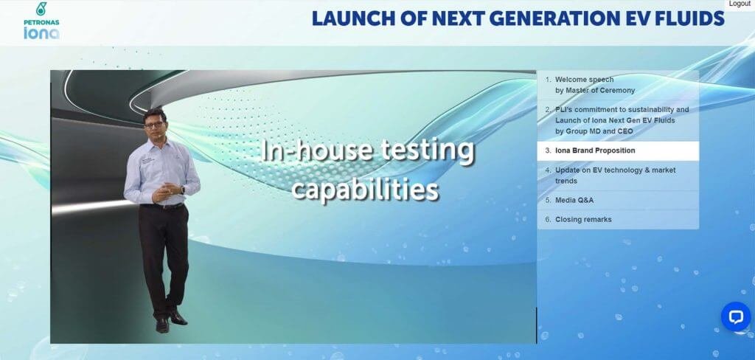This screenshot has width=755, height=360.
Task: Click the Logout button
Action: point(740,4)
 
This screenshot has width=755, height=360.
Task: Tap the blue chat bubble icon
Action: point(736,316)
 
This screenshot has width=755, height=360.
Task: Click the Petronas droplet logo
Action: point(42,9)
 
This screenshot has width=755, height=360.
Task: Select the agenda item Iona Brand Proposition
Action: point(618,150)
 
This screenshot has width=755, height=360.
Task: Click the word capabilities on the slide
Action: point(365,190)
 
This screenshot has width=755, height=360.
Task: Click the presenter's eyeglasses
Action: point(154,125)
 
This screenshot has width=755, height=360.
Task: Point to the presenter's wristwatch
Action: point(183,190)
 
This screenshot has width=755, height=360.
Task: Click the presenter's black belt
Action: point(162,207)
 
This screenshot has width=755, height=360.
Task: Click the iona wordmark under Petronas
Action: point(41,32)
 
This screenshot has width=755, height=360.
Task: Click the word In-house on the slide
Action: point(317,150)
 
